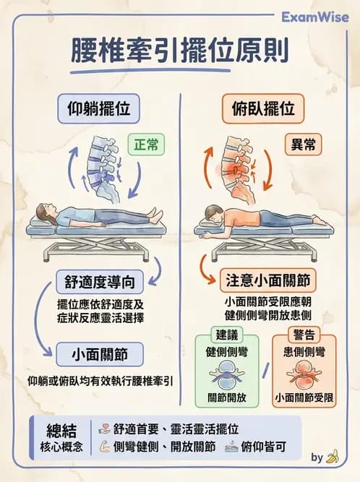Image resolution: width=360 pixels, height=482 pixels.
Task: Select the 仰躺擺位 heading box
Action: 98,110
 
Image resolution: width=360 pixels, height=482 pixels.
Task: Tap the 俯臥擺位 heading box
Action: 263,110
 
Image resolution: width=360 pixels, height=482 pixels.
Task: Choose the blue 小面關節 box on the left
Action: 99,355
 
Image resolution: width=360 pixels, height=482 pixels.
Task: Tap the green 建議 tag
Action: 228,335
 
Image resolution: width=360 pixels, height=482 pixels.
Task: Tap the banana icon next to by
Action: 333,457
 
